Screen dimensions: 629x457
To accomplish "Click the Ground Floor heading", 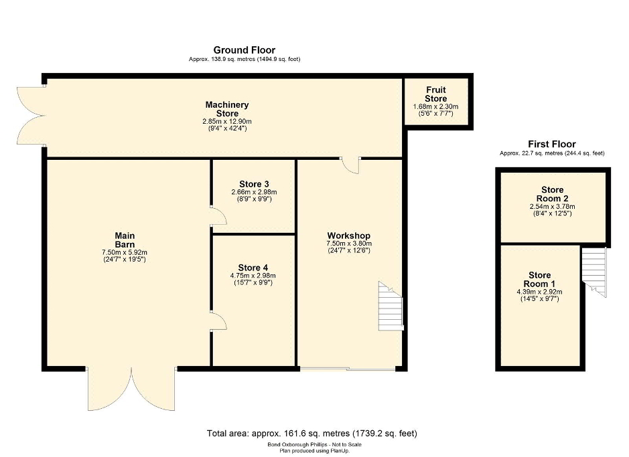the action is pyautogui.click(x=244, y=50).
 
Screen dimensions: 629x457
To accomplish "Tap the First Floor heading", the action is pyautogui.click(x=551, y=144).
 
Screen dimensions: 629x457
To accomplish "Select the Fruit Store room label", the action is pyautogui.click(x=435, y=94).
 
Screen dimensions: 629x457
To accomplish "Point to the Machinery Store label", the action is pyautogui.click(x=227, y=109).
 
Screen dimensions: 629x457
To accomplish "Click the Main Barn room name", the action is pyautogui.click(x=125, y=240).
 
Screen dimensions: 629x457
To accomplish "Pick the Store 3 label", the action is pyautogui.click(x=254, y=184).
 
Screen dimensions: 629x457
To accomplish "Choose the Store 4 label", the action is pyautogui.click(x=253, y=268).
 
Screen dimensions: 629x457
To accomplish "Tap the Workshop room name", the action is pyautogui.click(x=348, y=236).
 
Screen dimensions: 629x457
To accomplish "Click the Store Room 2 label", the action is pyautogui.click(x=553, y=194).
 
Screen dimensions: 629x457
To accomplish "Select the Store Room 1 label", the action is pyautogui.click(x=539, y=279).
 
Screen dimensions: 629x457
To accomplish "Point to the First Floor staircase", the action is pyautogui.click(x=594, y=272).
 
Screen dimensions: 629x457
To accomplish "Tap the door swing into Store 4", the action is pyautogui.click(x=219, y=321).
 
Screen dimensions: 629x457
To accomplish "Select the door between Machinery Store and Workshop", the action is pyautogui.click(x=350, y=165).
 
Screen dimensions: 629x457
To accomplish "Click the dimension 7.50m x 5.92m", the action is pyautogui.click(x=125, y=252).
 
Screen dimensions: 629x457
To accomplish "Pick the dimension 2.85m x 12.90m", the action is pyautogui.click(x=227, y=121).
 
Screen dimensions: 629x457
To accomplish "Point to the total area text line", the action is pyautogui.click(x=312, y=434).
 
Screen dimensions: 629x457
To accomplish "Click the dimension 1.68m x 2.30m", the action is pyautogui.click(x=435, y=106).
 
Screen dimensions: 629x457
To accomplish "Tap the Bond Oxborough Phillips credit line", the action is pyautogui.click(x=315, y=444).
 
